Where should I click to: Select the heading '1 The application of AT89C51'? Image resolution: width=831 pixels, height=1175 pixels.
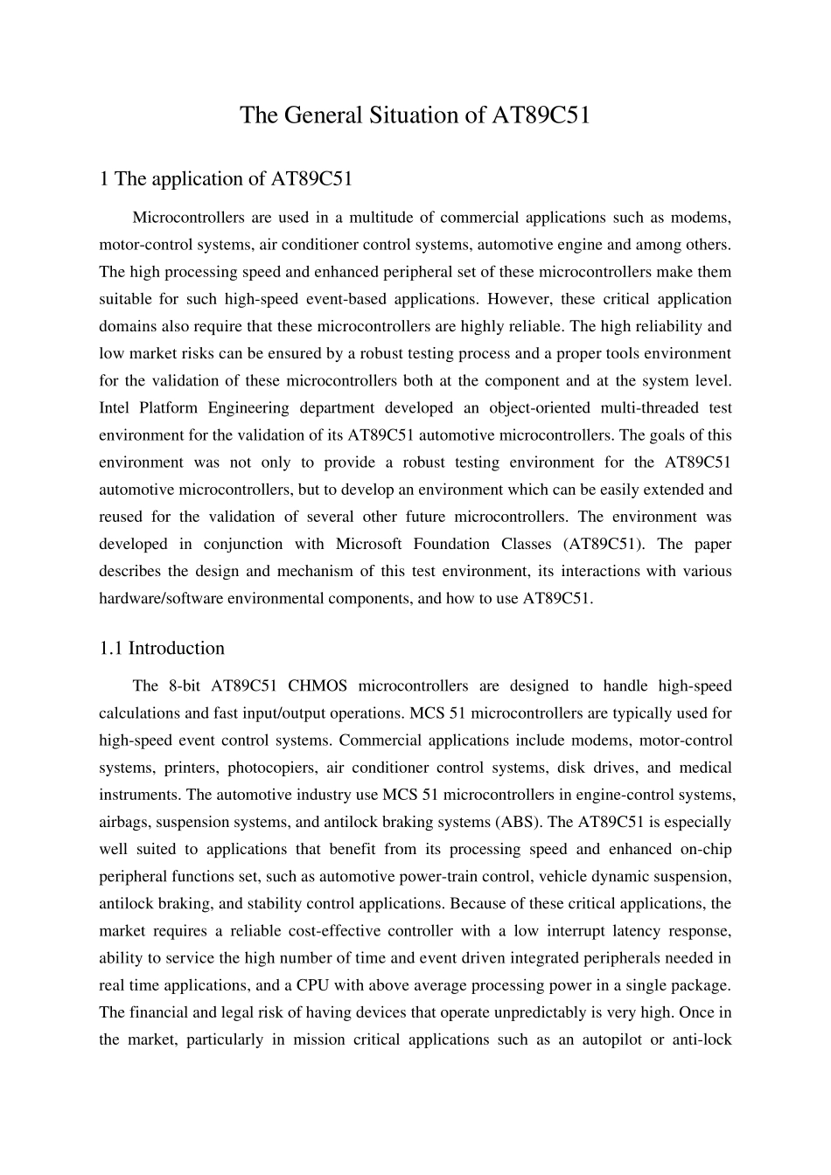point(226,179)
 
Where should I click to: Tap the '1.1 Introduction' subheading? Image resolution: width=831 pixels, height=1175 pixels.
point(162,648)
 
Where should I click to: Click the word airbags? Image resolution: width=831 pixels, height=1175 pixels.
point(122,822)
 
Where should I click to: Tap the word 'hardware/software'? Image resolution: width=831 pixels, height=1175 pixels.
point(157,599)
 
